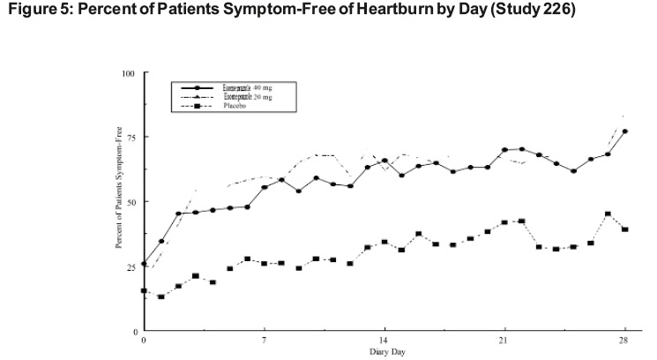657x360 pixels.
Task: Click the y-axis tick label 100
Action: click(x=127, y=72)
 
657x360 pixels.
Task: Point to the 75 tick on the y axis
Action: click(x=129, y=137)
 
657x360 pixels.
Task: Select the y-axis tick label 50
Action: click(x=129, y=201)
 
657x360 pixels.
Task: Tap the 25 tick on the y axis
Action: click(x=129, y=266)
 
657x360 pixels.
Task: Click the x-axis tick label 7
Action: click(x=264, y=340)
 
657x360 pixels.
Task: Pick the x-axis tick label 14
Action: click(x=384, y=340)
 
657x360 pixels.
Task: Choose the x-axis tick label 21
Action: click(x=504, y=340)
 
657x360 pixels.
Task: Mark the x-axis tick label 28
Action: click(x=623, y=340)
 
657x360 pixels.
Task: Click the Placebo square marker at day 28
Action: click(x=624, y=229)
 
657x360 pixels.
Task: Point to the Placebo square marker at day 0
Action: click(x=144, y=290)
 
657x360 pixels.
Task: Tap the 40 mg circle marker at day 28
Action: click(x=624, y=131)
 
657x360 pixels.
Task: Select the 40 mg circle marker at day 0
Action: click(x=144, y=264)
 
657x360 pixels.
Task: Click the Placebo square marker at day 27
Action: click(x=608, y=214)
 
